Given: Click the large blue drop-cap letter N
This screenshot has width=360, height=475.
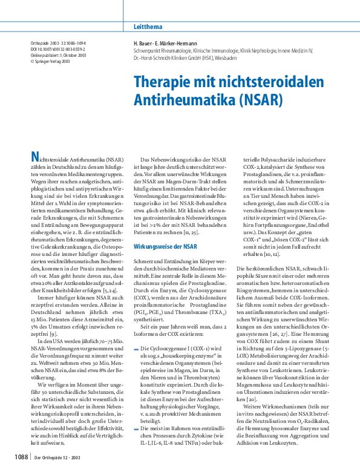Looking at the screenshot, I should point(36,158).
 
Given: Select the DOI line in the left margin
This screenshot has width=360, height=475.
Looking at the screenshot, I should point(58,49).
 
